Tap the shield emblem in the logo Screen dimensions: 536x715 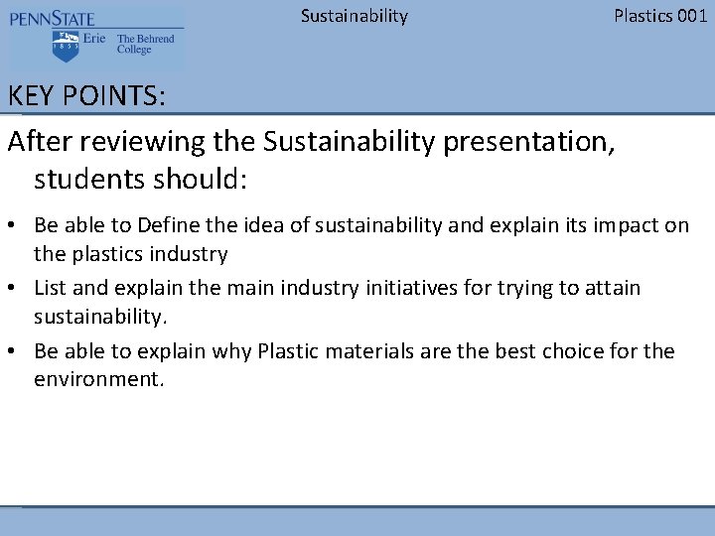[x=66, y=45]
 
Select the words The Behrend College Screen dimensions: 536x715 [x=145, y=45]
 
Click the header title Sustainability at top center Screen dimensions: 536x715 [x=354, y=15]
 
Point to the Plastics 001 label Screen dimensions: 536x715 [x=660, y=15]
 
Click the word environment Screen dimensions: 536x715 [x=96, y=379]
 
